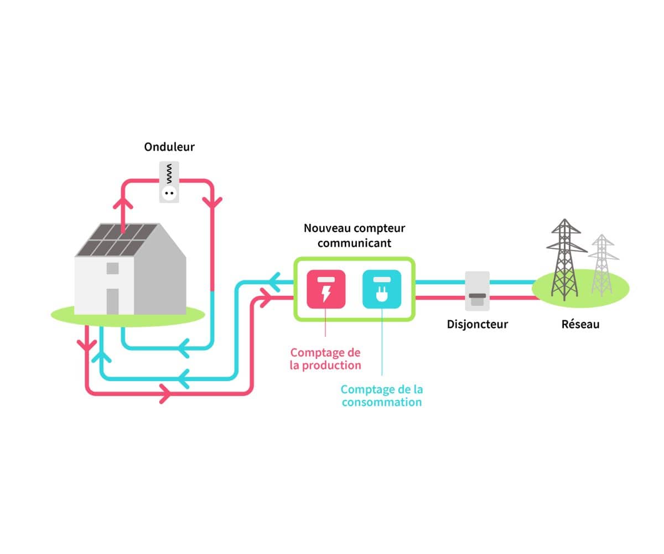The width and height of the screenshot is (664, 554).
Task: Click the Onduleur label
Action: click(x=169, y=147)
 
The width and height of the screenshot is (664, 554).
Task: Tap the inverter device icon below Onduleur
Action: click(x=169, y=182)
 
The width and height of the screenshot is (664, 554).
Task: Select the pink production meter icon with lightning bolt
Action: click(x=326, y=289)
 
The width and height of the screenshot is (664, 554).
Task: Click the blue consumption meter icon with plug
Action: click(x=382, y=289)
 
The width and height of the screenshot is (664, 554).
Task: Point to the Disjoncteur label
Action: click(x=477, y=324)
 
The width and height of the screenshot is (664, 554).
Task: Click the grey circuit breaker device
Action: click(x=477, y=291)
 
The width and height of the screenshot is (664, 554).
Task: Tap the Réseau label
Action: click(x=580, y=324)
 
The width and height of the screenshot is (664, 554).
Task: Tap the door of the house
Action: click(x=112, y=301)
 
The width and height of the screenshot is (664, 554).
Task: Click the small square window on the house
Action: click(x=112, y=269)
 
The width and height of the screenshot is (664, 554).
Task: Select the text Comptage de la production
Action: click(x=325, y=358)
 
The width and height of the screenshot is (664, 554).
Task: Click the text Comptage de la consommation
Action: click(x=382, y=396)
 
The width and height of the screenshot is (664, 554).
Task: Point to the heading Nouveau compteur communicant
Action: click(x=354, y=235)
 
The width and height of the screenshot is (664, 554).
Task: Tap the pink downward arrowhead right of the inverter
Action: click(x=212, y=202)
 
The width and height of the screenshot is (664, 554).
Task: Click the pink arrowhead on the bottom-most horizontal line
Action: click(x=164, y=394)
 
